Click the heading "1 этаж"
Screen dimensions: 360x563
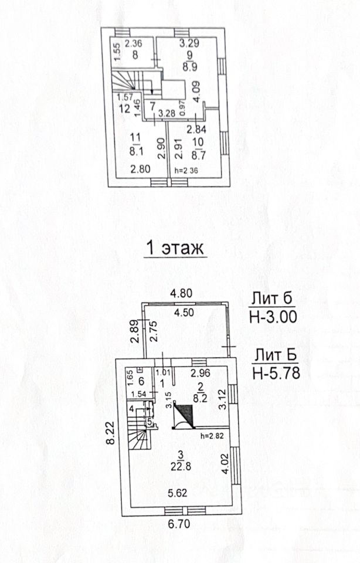(175, 249)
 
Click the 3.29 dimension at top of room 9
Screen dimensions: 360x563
(189, 42)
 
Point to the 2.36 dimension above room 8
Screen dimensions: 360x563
(134, 43)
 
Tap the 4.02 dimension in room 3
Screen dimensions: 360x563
(223, 458)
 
